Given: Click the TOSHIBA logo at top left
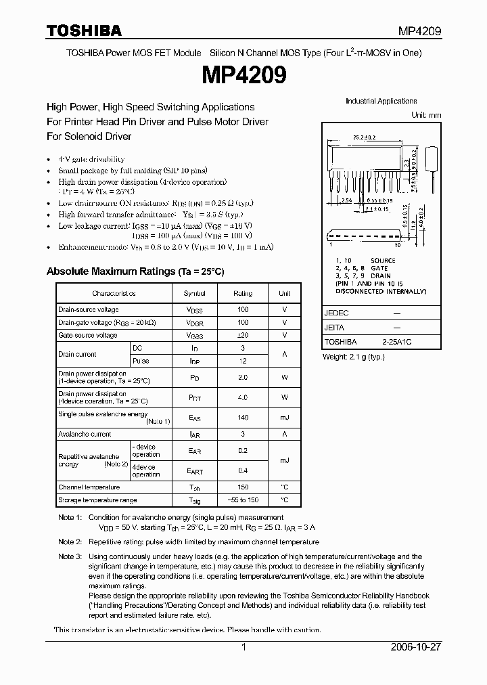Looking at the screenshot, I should (x=84, y=30).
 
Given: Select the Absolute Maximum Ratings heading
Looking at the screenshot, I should (x=135, y=271).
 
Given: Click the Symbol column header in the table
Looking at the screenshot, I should (x=195, y=294).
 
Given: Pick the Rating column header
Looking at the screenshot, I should (x=243, y=294).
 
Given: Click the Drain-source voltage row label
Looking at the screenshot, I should (x=89, y=309).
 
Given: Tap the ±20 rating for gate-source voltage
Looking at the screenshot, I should (x=243, y=335).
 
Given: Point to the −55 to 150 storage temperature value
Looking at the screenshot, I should (x=243, y=500).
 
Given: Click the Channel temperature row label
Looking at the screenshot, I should (x=89, y=487).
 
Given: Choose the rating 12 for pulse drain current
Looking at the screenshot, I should (x=243, y=361).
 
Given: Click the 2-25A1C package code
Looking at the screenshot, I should (x=396, y=342).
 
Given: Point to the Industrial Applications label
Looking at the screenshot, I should (x=381, y=102).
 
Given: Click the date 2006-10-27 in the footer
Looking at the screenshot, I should (x=416, y=648).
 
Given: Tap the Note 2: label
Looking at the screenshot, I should (x=70, y=542).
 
